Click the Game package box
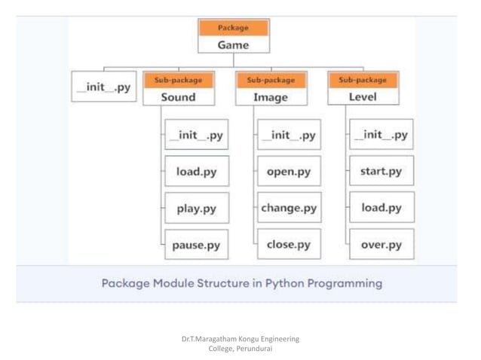(233, 44)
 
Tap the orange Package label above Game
(233, 28)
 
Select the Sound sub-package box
(178, 96)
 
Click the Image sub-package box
(271, 96)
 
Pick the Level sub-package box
(363, 96)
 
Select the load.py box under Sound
(196, 171)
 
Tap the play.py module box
(196, 208)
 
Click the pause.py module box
(196, 245)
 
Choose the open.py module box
(289, 171)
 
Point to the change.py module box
(289, 208)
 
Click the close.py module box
(289, 244)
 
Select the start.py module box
(381, 171)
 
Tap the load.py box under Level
(381, 207)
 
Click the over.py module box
(381, 245)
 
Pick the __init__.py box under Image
(289, 136)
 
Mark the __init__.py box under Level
(381, 135)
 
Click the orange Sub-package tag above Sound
(178, 80)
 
